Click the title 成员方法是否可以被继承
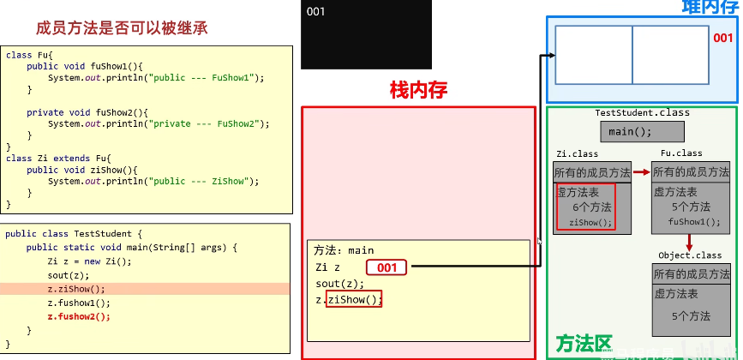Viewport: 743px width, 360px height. [x=122, y=27]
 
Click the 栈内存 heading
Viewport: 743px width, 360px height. [x=418, y=89]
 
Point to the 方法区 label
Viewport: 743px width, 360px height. [x=584, y=345]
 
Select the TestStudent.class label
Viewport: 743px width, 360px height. [x=642, y=112]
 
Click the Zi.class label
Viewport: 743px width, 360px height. [x=578, y=154]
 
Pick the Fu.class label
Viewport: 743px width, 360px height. [x=681, y=154]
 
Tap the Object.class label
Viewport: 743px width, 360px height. [x=690, y=255]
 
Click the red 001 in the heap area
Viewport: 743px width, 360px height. [x=723, y=38]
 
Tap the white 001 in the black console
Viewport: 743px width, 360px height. [x=315, y=11]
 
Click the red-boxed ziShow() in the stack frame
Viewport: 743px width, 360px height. [x=354, y=299]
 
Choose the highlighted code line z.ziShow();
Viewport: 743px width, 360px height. [x=76, y=289]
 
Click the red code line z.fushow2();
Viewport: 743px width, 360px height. [x=79, y=316]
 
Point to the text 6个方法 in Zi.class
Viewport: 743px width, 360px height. [x=592, y=207]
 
